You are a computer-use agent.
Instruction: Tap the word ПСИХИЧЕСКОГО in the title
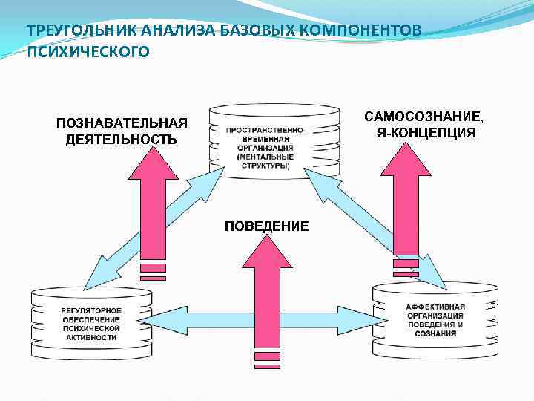(88, 51)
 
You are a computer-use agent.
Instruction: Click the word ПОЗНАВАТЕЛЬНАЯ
(122, 123)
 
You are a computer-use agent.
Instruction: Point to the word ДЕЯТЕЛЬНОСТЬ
(122, 139)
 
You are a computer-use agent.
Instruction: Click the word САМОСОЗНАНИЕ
(424, 117)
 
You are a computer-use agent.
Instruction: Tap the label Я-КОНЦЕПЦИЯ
(426, 134)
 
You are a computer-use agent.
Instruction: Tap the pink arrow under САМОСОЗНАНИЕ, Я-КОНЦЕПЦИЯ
(406, 200)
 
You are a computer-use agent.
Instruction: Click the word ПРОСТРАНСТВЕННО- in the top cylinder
(266, 131)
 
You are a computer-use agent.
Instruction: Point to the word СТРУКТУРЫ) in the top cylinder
(266, 166)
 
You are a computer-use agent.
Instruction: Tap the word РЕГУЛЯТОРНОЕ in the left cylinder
(91, 310)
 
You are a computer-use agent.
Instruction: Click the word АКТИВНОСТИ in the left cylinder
(91, 337)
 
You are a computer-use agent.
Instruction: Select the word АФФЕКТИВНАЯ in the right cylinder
(436, 307)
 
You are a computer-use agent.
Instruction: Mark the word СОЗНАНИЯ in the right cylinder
(436, 334)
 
